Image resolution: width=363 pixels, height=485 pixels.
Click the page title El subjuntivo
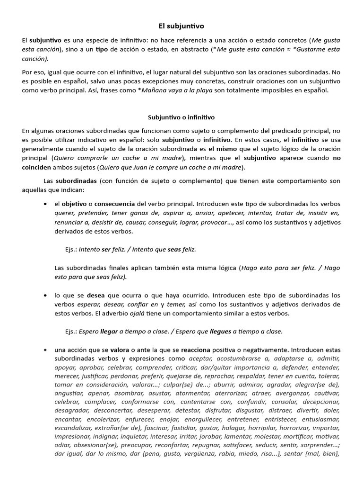point(181,27)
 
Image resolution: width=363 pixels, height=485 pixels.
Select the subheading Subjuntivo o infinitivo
point(181,117)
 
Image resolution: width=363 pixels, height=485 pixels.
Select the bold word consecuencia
point(114,204)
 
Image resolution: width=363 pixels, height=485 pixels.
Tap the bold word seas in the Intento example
point(174,249)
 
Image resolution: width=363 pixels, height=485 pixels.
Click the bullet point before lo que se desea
point(45,295)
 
